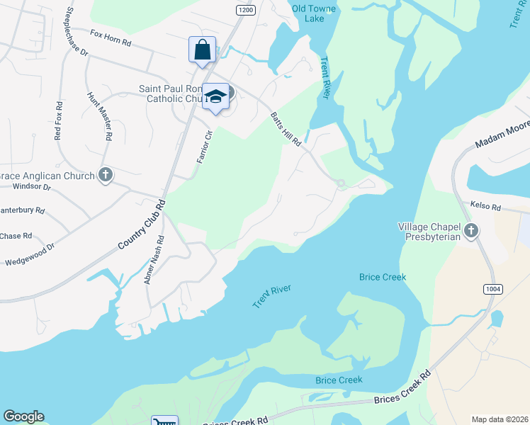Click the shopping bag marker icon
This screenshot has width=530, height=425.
(203, 50)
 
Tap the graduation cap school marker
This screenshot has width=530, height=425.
(216, 97)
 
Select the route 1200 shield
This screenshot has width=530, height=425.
(246, 10)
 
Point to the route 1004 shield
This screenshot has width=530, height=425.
(494, 289)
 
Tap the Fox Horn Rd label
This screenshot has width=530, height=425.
(111, 37)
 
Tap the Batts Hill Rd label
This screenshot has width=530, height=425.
(286, 129)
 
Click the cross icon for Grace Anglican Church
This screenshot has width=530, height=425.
(106, 175)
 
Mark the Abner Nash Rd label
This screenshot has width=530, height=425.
(154, 260)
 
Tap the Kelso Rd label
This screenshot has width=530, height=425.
(485, 208)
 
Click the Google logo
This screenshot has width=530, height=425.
(23, 416)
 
